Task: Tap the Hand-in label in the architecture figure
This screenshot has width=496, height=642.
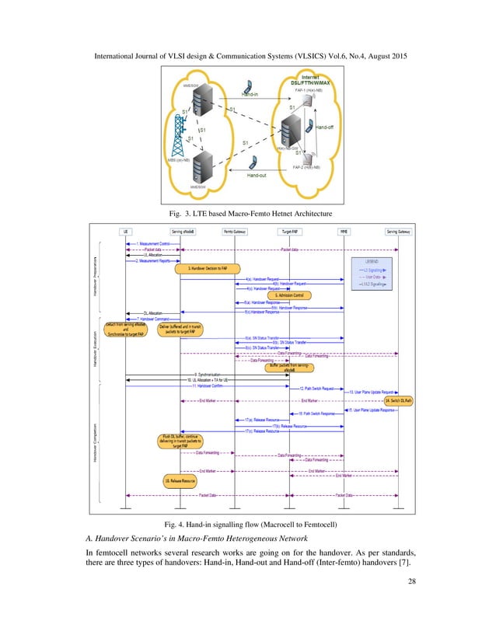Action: click(x=250, y=96)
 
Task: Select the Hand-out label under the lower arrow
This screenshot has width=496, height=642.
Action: click(x=257, y=176)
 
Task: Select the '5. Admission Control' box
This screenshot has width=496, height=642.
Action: click(x=290, y=295)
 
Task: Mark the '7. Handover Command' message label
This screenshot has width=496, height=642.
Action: click(x=153, y=319)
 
